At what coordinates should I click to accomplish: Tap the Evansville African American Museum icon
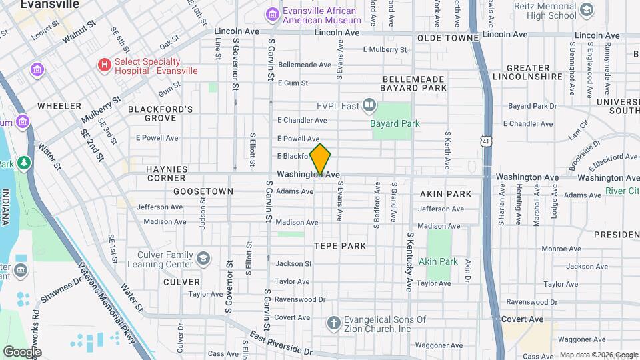click(272, 14)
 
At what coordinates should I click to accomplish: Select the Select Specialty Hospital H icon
click(104, 65)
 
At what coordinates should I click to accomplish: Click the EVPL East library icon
click(369, 106)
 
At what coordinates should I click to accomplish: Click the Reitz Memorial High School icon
click(586, 10)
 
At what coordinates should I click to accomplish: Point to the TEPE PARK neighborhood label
click(340, 246)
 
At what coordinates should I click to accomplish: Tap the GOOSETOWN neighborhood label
click(203, 191)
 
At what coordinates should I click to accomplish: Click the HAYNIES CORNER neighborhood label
click(167, 174)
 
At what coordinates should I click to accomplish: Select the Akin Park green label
click(438, 261)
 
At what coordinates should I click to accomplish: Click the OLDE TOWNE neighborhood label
click(448, 39)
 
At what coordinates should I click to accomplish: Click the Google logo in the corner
click(21, 351)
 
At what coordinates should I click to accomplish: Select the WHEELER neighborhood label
click(59, 106)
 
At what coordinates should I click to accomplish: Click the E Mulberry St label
click(385, 49)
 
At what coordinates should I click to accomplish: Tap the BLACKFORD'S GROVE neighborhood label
click(161, 113)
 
